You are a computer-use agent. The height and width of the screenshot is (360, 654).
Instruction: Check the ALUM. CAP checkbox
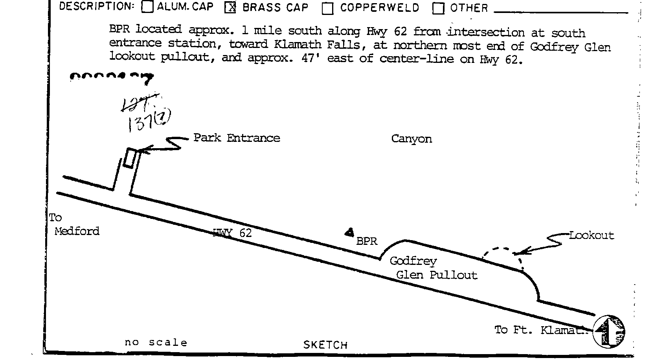147,7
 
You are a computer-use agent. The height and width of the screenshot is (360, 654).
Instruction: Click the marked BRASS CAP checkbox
230,7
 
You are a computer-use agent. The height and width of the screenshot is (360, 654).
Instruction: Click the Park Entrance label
237,138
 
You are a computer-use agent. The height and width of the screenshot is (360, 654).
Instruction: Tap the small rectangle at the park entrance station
130,158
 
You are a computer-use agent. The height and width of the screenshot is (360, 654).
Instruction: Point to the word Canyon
412,139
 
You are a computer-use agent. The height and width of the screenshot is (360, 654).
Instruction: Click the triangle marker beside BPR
349,233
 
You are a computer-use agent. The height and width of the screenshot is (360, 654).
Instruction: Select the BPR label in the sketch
367,241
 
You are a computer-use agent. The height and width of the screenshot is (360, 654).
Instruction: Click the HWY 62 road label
232,233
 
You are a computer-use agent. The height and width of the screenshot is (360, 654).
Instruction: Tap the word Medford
77,231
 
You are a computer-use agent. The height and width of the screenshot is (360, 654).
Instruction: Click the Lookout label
592,235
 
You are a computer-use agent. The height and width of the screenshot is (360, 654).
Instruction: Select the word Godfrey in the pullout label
413,261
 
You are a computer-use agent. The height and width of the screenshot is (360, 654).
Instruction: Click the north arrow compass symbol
608,331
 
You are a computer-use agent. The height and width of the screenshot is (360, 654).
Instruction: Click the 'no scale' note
156,343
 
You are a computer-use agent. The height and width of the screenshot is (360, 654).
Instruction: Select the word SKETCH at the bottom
325,345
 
